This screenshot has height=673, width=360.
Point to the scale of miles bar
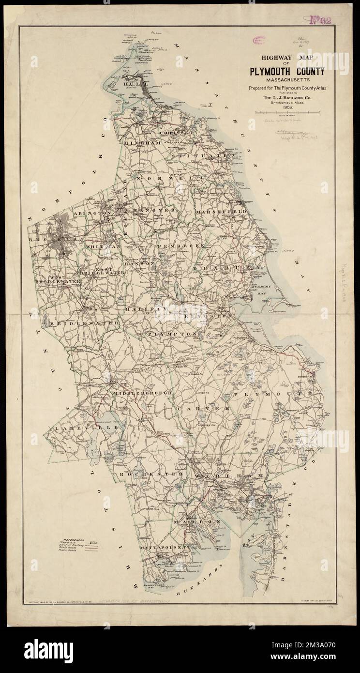point(286,113)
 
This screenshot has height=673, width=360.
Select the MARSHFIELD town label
point(222,212)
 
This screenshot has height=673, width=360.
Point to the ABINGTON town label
point(93,213)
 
